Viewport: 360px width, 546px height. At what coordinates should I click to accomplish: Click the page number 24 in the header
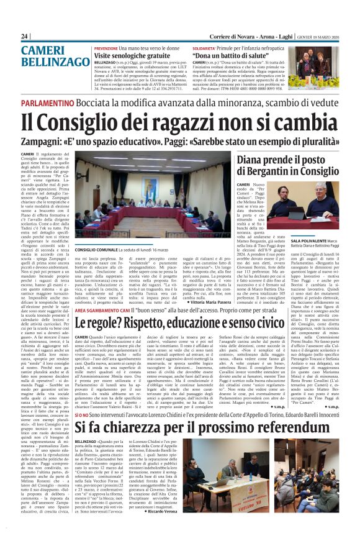pyautogui.click(x=25, y=37)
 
